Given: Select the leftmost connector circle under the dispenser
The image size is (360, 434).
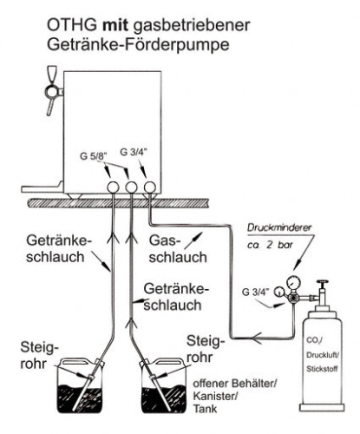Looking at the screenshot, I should (x=113, y=186).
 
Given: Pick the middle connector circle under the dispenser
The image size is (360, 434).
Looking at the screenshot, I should (x=131, y=186).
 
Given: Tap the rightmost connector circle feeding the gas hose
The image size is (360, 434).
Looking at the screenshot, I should (x=149, y=186).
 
